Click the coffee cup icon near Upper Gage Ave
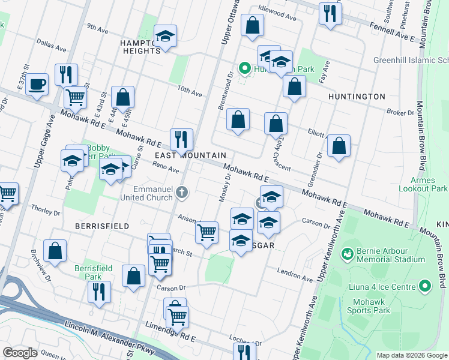(x=37, y=85)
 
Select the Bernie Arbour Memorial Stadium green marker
(x=346, y=255)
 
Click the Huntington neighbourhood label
(x=357, y=96)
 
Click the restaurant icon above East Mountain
(x=181, y=140)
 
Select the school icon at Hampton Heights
(x=165, y=37)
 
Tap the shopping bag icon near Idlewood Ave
(x=253, y=25)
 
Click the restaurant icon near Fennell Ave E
(x=330, y=14)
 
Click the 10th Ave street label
(x=190, y=91)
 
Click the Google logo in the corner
(x=20, y=352)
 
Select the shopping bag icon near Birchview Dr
(x=55, y=252)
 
